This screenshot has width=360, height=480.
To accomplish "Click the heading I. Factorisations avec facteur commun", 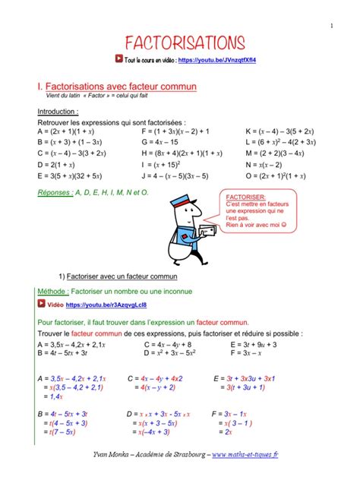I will pyautogui.click(x=117, y=87).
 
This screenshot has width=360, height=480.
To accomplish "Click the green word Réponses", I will pyautogui.click(x=54, y=193).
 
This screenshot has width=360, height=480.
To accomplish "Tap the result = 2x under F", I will pyautogui.click(x=226, y=432).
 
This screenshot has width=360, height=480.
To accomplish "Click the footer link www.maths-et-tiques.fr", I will pyautogui.click(x=245, y=454).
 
